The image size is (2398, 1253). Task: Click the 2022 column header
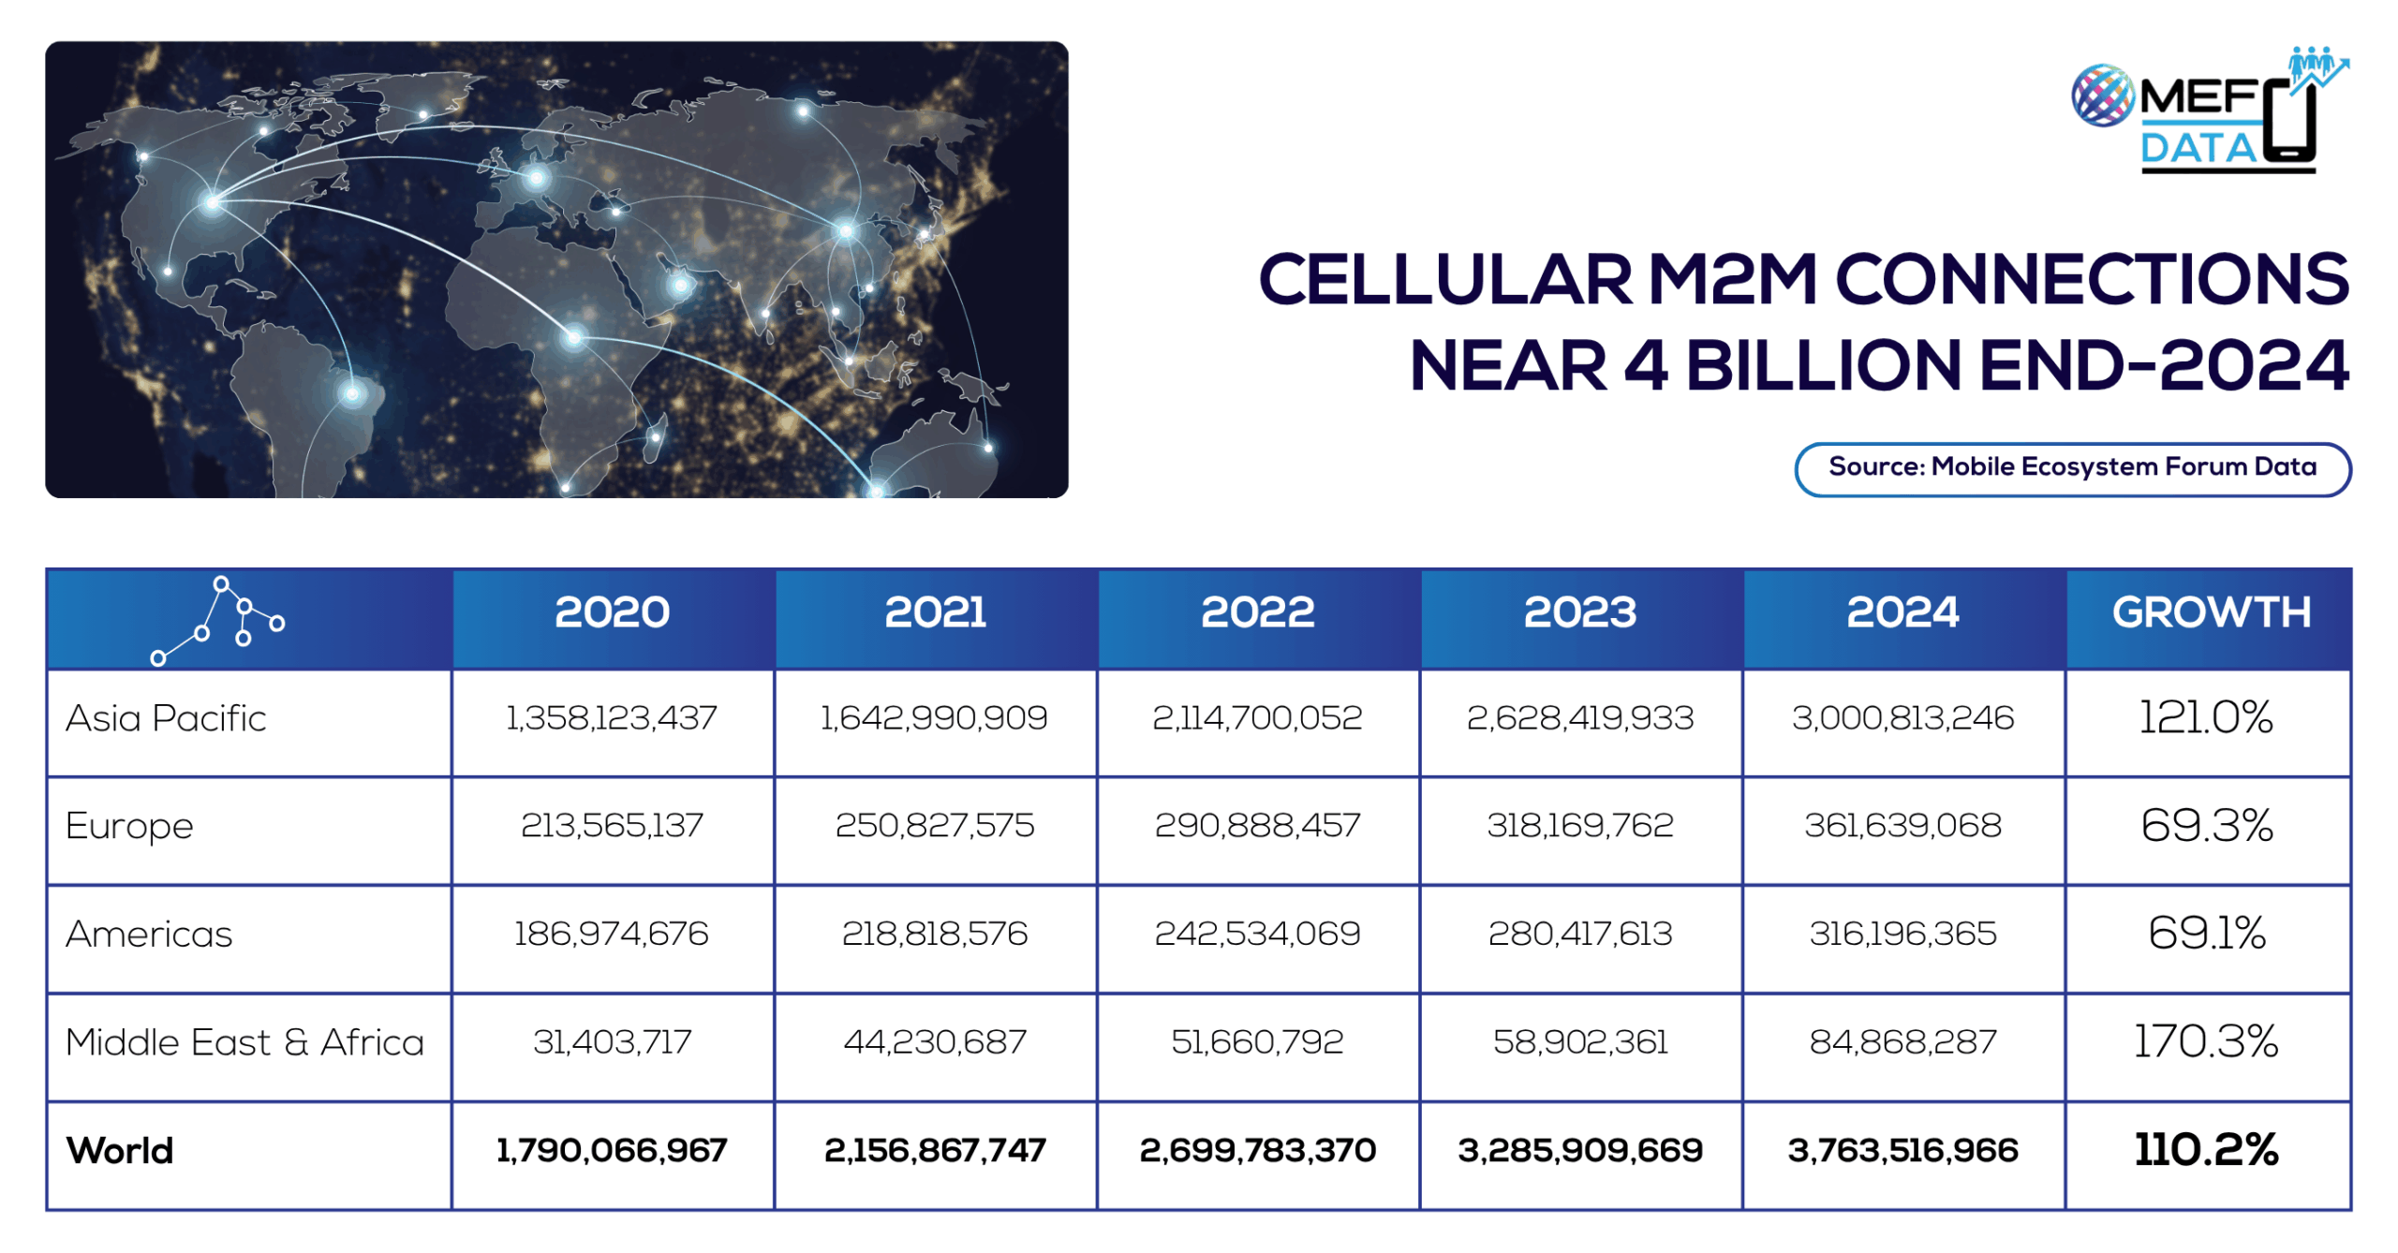click(1257, 612)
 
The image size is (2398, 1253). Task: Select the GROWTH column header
click(2210, 612)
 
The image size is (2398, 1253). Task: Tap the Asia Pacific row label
click(166, 718)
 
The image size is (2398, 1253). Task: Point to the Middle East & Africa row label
click(244, 1042)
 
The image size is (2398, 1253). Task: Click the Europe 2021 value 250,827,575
click(934, 825)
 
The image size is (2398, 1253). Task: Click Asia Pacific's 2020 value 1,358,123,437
click(612, 718)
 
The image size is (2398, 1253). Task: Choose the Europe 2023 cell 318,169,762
click(1579, 825)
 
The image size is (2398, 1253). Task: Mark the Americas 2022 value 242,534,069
click(1257, 934)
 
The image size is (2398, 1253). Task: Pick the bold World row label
click(120, 1151)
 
